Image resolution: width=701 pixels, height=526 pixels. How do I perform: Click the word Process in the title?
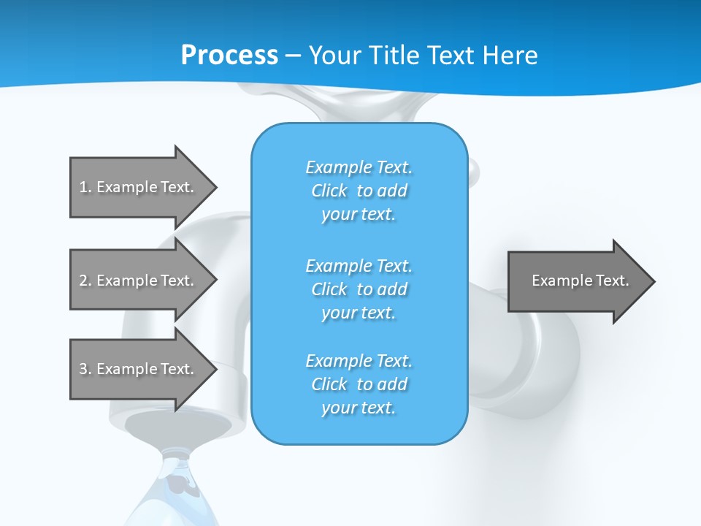click(229, 56)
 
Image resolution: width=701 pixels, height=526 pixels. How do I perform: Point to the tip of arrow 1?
click(214, 187)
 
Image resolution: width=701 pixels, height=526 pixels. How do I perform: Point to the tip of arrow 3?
click(214, 369)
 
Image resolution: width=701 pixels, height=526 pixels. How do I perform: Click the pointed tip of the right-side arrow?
click(652, 281)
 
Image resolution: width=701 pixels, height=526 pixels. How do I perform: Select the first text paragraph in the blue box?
click(359, 191)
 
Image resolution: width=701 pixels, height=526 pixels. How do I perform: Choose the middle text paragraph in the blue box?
click(359, 289)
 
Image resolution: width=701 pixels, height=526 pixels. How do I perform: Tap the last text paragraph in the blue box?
click(359, 384)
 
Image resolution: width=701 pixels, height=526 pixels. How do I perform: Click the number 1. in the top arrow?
click(85, 187)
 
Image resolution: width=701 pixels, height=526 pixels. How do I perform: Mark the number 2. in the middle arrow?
click(85, 281)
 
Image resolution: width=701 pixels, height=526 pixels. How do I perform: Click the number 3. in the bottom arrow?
click(85, 369)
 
